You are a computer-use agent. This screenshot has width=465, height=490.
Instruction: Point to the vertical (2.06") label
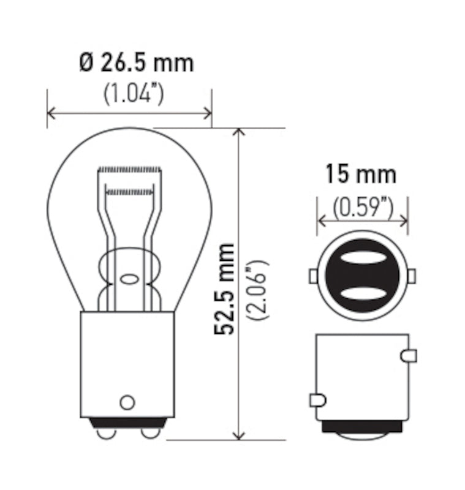[257, 288]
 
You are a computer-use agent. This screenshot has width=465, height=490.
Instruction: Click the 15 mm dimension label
[360, 175]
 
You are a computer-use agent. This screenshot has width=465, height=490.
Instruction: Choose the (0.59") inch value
[363, 208]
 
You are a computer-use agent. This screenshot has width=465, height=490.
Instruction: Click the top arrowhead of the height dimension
[240, 133]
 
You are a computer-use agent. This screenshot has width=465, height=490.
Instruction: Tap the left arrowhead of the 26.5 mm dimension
[52, 113]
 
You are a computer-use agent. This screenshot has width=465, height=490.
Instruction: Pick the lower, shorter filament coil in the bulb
[130, 192]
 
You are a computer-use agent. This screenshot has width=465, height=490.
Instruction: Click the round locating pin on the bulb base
[127, 402]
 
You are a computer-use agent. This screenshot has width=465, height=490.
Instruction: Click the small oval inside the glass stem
[129, 279]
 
